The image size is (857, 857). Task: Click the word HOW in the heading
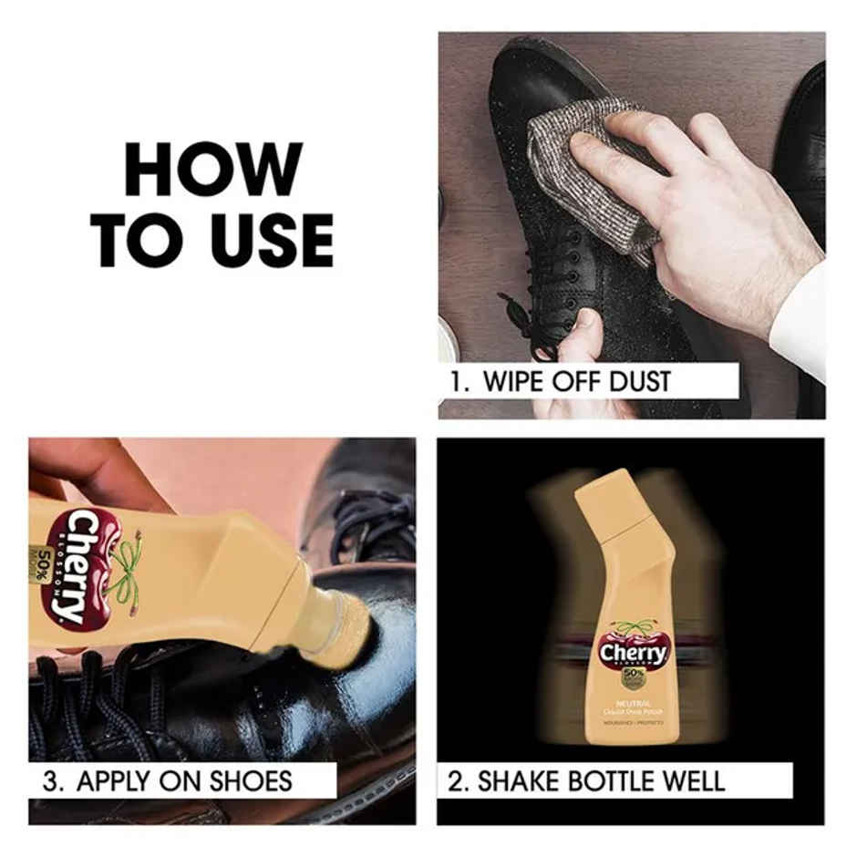point(213,170)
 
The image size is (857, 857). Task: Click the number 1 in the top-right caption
point(457,381)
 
